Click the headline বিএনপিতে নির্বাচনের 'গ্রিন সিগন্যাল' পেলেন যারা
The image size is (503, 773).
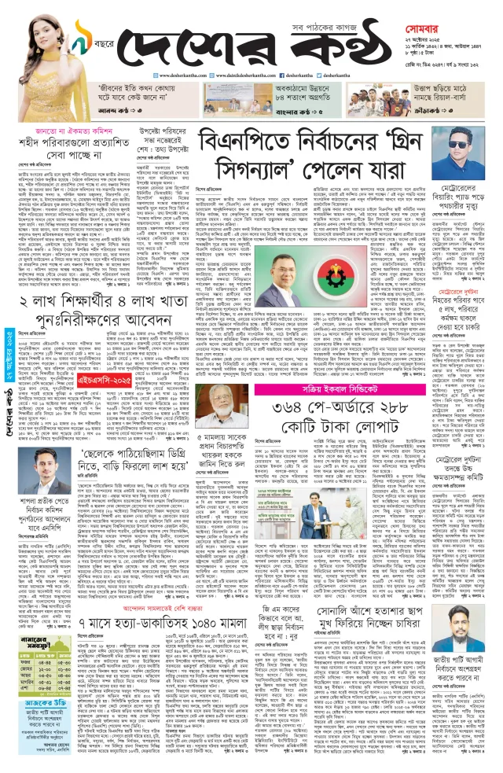(x=310, y=156)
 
